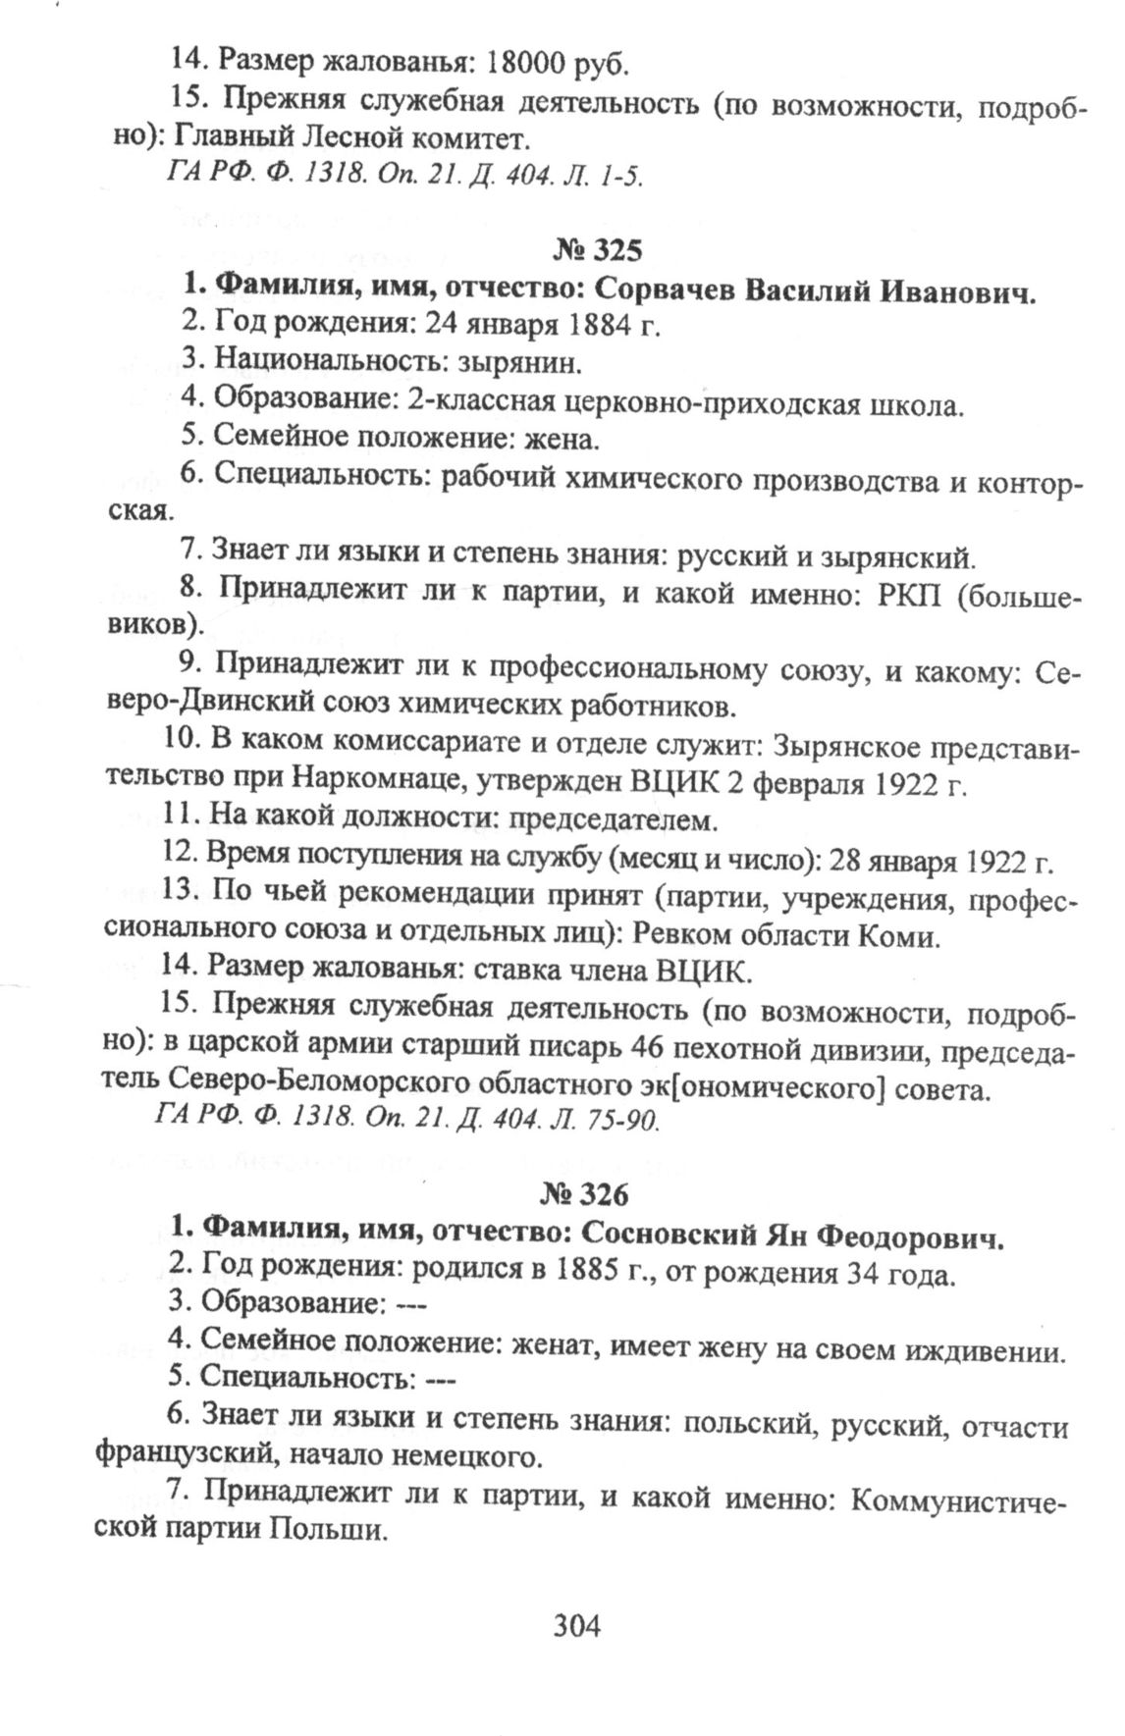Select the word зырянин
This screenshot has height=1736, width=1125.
[520, 363]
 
